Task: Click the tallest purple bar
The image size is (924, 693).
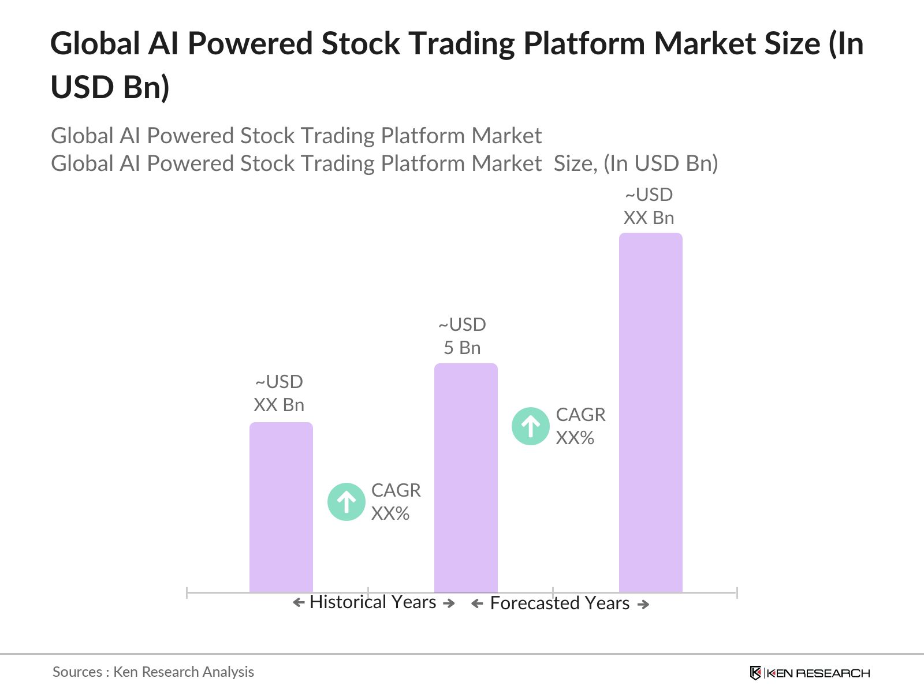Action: pyautogui.click(x=650, y=413)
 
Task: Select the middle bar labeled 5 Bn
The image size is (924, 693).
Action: pyautogui.click(x=465, y=478)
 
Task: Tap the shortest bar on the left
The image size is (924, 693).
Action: pyautogui.click(x=281, y=507)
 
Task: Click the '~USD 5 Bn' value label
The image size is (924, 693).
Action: pyautogui.click(x=462, y=336)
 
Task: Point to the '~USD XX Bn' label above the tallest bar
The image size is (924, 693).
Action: pyautogui.click(x=649, y=206)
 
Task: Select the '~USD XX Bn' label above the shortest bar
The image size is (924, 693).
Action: pyautogui.click(x=279, y=393)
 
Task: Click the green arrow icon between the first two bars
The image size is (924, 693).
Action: pyautogui.click(x=346, y=502)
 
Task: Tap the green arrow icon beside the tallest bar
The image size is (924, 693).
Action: pyautogui.click(x=531, y=426)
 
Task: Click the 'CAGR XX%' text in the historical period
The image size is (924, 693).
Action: pyautogui.click(x=396, y=502)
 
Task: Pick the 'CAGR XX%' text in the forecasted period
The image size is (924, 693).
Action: pyautogui.click(x=580, y=426)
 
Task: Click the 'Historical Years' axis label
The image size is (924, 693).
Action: pyautogui.click(x=372, y=602)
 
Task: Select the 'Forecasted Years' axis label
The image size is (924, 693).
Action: pyautogui.click(x=560, y=603)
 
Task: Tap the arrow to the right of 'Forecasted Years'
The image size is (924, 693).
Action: pyautogui.click(x=643, y=605)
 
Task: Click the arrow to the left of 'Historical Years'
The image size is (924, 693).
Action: pyautogui.click(x=299, y=603)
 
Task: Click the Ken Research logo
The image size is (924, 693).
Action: pyautogui.click(x=810, y=673)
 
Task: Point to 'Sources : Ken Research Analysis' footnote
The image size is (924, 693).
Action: pyautogui.click(x=153, y=672)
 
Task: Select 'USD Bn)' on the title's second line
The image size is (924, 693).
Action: pyautogui.click(x=110, y=87)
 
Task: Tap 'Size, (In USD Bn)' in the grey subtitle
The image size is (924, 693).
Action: pyautogui.click(x=635, y=163)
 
